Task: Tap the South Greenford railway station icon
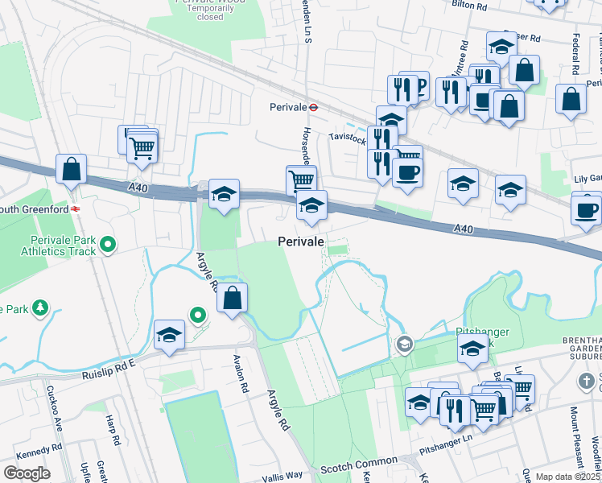point(74,208)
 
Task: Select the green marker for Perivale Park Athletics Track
point(110,244)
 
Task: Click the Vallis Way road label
point(282,477)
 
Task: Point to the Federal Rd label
point(576,55)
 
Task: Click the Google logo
point(27,473)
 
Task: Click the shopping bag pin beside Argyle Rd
point(232,297)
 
